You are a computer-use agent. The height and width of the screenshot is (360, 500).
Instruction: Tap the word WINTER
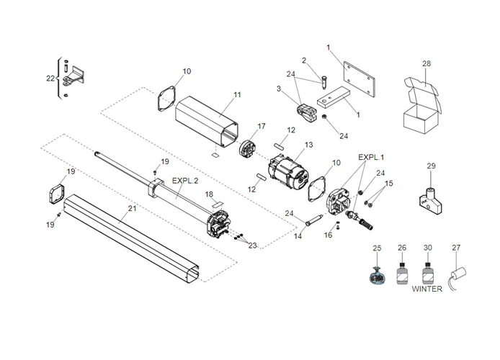coord(427,289)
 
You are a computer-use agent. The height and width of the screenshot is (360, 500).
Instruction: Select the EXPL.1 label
coord(372,156)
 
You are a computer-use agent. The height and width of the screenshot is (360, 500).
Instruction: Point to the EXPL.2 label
coord(185,180)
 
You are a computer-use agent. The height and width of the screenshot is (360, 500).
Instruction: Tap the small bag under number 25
coord(376,274)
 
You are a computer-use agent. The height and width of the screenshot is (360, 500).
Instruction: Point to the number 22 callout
coord(50,78)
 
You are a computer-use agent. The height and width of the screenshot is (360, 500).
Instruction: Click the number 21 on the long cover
coord(131,208)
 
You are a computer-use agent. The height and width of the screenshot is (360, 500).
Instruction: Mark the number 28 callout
coord(427,64)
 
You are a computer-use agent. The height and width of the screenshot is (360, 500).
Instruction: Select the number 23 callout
coord(251,246)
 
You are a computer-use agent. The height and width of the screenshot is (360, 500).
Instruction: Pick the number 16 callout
coord(328,235)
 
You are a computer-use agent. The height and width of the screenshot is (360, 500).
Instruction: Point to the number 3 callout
coord(279,89)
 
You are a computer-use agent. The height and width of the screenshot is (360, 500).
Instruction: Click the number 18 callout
coord(209,194)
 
